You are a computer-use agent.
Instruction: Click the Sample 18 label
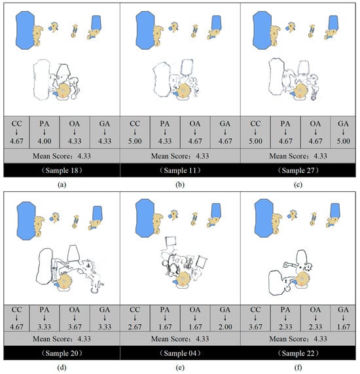[62, 170]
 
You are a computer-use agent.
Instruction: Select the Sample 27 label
[298, 170]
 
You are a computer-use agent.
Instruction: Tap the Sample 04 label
[180, 353]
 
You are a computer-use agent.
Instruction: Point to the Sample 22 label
[298, 353]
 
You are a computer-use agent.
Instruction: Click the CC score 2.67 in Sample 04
[135, 327]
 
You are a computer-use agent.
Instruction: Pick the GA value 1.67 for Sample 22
[344, 327]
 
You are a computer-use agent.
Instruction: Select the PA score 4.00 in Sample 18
[45, 141]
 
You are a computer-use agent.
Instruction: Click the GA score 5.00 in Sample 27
[344, 141]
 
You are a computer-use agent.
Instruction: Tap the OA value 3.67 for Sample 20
[75, 327]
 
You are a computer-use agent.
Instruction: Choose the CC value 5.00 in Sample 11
[135, 141]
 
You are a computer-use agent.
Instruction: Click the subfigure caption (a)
[62, 185]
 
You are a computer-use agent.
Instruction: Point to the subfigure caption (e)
[180, 367]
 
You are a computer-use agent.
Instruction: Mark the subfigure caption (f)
[298, 367]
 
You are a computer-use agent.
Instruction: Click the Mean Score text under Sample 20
[62, 339]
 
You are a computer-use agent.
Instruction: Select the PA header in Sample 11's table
[165, 124]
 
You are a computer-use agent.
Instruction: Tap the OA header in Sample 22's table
[315, 309]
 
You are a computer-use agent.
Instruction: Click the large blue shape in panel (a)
[25, 30]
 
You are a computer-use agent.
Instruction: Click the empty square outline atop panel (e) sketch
[171, 241]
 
